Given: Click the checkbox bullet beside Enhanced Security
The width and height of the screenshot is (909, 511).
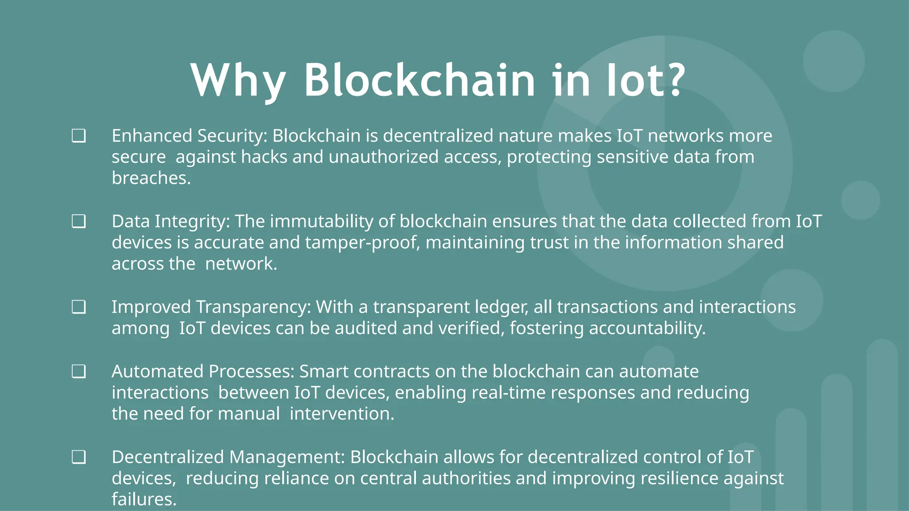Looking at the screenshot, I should pyautogui.click(x=79, y=136).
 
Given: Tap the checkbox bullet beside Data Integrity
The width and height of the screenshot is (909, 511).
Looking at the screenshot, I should pyautogui.click(x=79, y=221).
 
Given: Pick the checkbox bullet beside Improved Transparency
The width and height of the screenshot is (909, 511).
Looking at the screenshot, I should pyautogui.click(x=79, y=307).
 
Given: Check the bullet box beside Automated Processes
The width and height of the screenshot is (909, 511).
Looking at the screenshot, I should pyautogui.click(x=79, y=371).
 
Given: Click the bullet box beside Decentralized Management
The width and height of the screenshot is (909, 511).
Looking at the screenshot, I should pyautogui.click(x=79, y=457).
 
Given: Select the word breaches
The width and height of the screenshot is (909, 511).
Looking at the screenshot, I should pyautogui.click(x=150, y=178).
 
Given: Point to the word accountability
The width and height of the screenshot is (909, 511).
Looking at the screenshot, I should pyautogui.click(x=647, y=328).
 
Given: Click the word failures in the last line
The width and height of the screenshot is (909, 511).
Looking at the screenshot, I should pyautogui.click(x=143, y=499).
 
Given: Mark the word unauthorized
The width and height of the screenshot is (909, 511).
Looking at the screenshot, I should pyautogui.click(x=383, y=157).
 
